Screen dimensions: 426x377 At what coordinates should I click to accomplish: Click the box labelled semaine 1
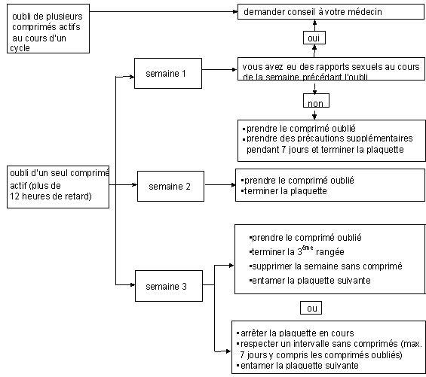click(168, 73)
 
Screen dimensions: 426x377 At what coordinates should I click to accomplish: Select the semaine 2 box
click(170, 186)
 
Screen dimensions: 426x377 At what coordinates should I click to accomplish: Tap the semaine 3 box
click(169, 286)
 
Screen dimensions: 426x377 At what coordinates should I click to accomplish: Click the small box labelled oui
click(314, 38)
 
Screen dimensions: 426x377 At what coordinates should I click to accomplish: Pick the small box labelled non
click(316, 101)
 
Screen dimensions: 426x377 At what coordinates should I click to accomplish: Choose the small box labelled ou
click(311, 308)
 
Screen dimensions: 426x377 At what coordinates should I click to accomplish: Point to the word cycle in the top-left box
click(20, 48)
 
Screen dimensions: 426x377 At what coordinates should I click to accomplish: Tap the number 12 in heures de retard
click(14, 196)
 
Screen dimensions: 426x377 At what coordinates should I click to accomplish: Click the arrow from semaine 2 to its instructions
click(220, 185)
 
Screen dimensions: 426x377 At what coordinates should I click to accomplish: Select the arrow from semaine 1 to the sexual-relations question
click(219, 70)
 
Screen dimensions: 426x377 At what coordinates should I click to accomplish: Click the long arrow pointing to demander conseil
click(164, 11)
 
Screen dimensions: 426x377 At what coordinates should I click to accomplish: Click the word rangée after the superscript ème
click(329, 252)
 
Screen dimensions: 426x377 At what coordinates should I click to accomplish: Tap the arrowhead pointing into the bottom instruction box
click(229, 351)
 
